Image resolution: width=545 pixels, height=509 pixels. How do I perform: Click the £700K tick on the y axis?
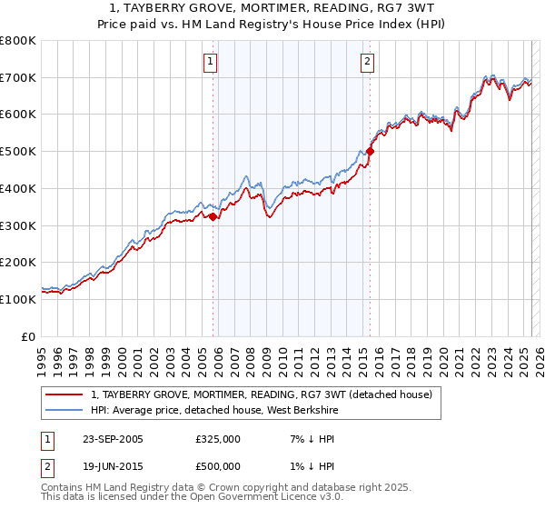pyautogui.click(x=18, y=77)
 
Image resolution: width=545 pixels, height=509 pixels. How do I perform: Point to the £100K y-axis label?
pyautogui.click(x=18, y=299)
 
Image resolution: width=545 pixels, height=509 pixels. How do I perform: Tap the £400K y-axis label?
pyautogui.click(x=18, y=188)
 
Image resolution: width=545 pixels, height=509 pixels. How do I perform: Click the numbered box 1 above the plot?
pyautogui.click(x=210, y=62)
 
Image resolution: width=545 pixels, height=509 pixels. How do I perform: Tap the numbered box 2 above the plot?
pyautogui.click(x=367, y=62)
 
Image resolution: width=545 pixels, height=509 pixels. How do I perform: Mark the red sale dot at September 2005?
pyautogui.click(x=213, y=216)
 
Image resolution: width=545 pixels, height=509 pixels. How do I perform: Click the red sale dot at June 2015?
pyautogui.click(x=371, y=152)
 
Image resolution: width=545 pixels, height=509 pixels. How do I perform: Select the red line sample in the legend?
pyautogui.click(x=64, y=394)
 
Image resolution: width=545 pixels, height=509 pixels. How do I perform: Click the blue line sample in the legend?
pyautogui.click(x=64, y=410)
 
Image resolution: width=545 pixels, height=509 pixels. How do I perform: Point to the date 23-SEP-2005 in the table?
pyautogui.click(x=113, y=439)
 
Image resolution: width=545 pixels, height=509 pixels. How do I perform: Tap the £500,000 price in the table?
pyautogui.click(x=218, y=466)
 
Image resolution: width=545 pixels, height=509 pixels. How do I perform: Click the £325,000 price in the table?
pyautogui.click(x=218, y=439)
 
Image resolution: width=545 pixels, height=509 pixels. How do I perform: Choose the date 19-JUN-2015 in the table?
pyautogui.click(x=113, y=466)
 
